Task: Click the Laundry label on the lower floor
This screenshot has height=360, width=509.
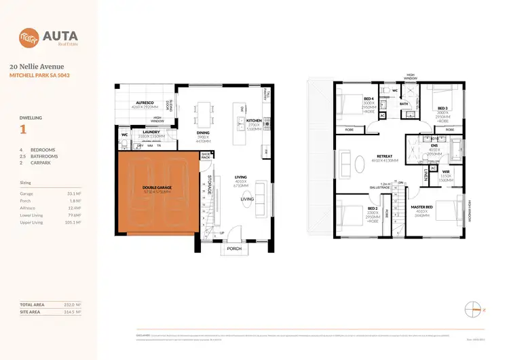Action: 151,132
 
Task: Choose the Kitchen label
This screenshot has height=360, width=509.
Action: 244,120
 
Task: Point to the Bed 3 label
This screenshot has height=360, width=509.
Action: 442,109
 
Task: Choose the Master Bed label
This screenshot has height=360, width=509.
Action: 422,207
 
